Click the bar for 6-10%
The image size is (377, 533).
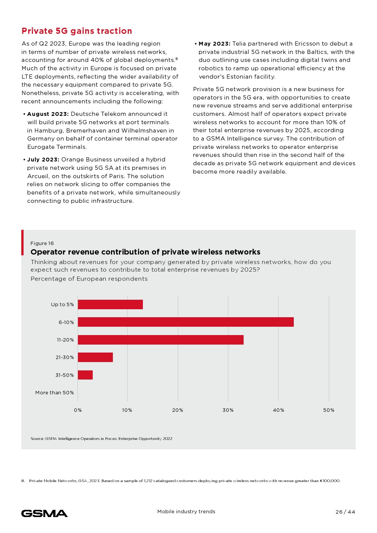[x=185, y=322]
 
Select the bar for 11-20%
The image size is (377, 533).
[x=160, y=340]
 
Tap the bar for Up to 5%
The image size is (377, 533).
[x=110, y=304]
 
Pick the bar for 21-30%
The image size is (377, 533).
[x=95, y=357]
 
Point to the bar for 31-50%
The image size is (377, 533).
[x=85, y=375]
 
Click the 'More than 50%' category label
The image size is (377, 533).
[x=54, y=392]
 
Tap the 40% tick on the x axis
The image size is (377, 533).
[x=278, y=410]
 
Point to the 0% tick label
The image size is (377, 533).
[x=78, y=410]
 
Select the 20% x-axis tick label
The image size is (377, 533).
[x=177, y=410]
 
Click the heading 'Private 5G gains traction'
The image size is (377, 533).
[x=77, y=31]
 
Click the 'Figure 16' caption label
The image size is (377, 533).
[x=42, y=244]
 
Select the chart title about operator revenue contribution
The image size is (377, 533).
[x=145, y=252]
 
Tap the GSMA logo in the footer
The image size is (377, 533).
[x=44, y=513]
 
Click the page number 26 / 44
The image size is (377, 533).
[x=345, y=512]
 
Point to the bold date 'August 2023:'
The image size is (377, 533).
[x=48, y=114]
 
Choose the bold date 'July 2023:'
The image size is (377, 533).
[x=43, y=160]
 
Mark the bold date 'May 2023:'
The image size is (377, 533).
[x=214, y=44]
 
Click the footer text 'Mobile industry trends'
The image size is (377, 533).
[x=186, y=512]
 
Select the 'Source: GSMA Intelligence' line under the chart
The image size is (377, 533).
[x=101, y=439]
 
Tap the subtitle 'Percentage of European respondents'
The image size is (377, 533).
[x=89, y=279]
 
